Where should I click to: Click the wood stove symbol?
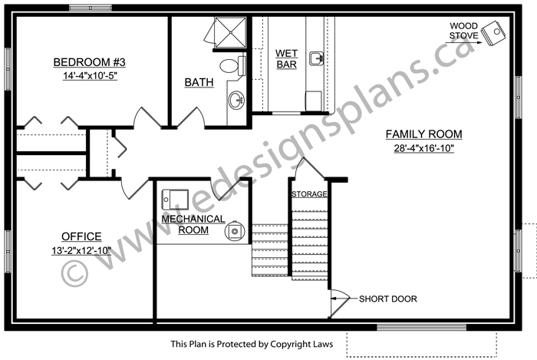(493, 33)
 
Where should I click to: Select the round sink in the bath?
(236, 100)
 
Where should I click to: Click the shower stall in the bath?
(230, 32)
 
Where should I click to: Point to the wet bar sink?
(316, 58)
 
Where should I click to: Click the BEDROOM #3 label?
(90, 62)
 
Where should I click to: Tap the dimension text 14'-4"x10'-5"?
(90, 76)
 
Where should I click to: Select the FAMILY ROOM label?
(423, 134)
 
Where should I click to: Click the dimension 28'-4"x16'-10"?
(423, 148)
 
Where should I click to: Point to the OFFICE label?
(81, 236)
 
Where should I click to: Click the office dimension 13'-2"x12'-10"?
(81, 251)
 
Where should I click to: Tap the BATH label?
(199, 82)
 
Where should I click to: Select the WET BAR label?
(286, 59)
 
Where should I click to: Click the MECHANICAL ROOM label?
(193, 224)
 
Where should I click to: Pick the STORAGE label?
(309, 194)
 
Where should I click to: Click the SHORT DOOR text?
(388, 299)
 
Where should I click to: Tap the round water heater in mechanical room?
(235, 231)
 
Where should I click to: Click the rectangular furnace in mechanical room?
(175, 199)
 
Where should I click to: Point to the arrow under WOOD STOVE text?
(463, 42)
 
